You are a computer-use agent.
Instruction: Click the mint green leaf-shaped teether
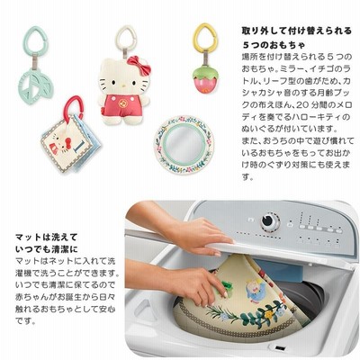pyautogui.click(x=36, y=85)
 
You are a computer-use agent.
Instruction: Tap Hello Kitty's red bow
pyautogui.click(x=139, y=66)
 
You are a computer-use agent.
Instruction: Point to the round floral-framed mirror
pyautogui.click(x=184, y=144)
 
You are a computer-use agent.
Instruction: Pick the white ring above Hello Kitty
pyautogui.click(x=126, y=37)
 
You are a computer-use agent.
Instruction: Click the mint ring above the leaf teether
pyautogui.click(x=36, y=40)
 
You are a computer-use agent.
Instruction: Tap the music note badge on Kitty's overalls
pyautogui.click(x=122, y=103)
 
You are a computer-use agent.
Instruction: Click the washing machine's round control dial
pyautogui.click(x=269, y=222)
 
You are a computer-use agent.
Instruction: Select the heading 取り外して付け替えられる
pyautogui.click(x=296, y=31)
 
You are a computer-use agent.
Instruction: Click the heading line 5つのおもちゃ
pyautogui.click(x=274, y=45)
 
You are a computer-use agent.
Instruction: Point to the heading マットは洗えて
pyautogui.click(x=47, y=238)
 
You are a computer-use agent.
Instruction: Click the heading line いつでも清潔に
pyautogui.click(x=47, y=249)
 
